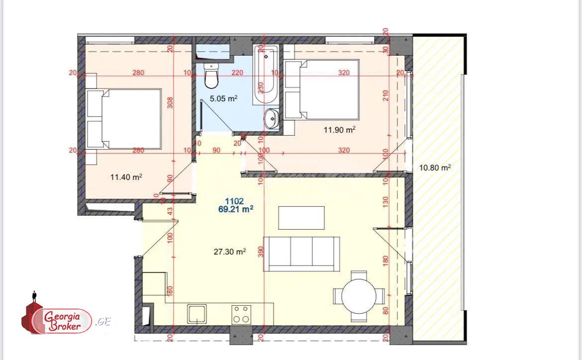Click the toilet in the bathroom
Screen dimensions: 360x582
pos(212,77)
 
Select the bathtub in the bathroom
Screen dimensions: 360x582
pos(265,75)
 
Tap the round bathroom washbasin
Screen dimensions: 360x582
pos(272,118)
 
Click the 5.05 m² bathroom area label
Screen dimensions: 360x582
pos(223,98)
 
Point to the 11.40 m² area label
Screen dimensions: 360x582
pos(126,177)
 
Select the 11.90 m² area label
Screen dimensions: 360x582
pos(339,130)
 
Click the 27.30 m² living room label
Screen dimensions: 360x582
pos(230,252)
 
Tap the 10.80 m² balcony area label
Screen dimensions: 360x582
pos(435,168)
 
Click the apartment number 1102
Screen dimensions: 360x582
pos(234,201)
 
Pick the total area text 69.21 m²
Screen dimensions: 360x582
pos(236,209)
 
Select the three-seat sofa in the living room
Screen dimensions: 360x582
pos(301,254)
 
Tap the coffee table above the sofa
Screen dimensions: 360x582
pos(301,217)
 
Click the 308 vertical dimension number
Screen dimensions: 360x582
pos(170,102)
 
